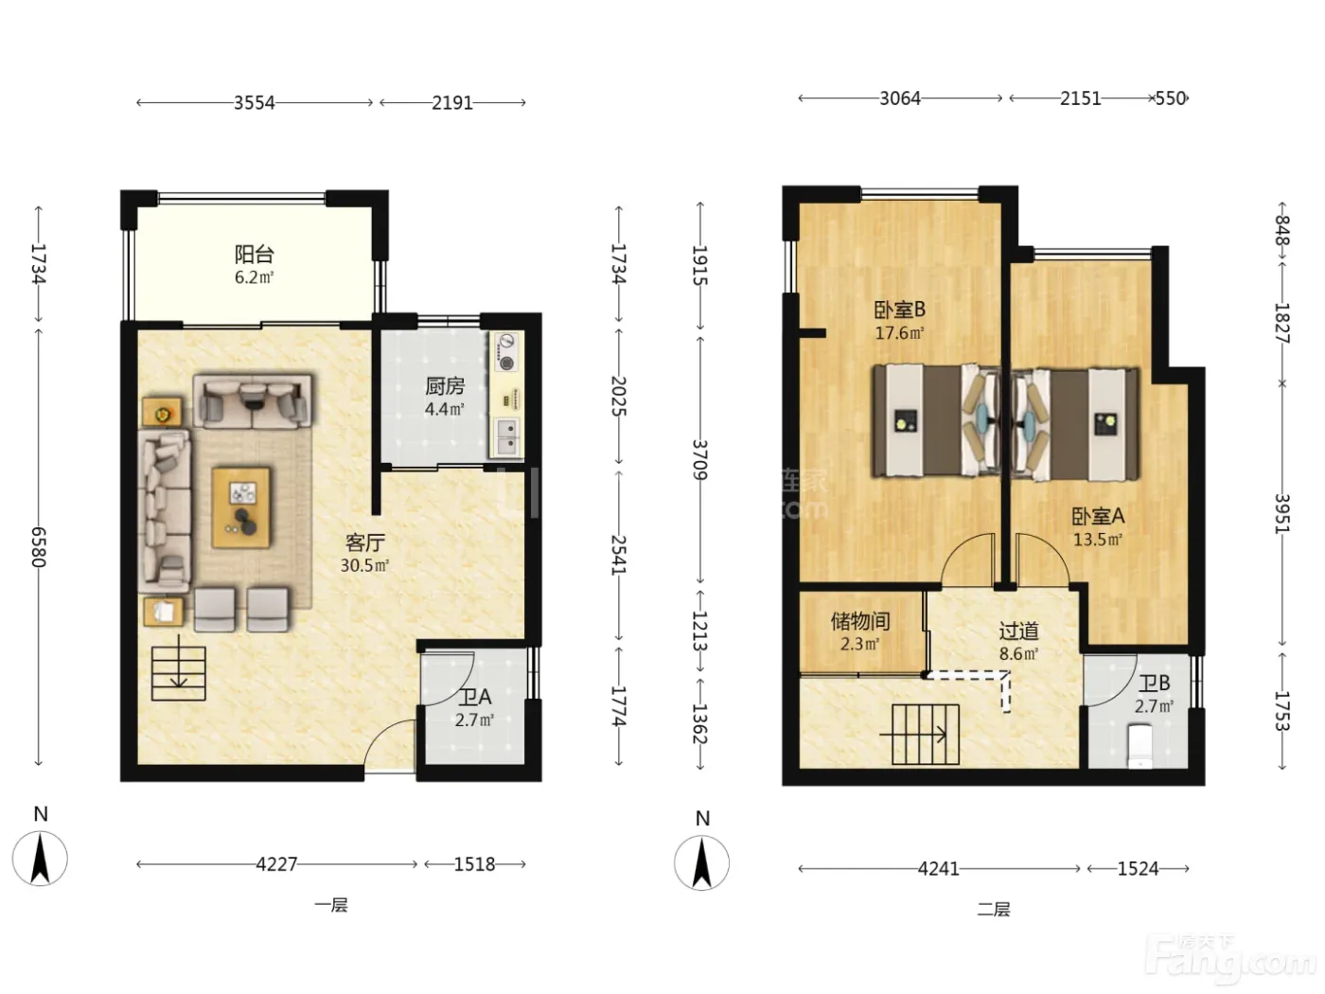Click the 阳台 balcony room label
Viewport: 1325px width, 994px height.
[x=255, y=254]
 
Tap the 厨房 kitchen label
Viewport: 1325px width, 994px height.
[x=444, y=386]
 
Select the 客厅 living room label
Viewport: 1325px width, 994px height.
[x=364, y=542]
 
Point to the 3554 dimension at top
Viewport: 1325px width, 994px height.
[x=255, y=102]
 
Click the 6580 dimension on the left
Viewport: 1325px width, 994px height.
[x=39, y=547]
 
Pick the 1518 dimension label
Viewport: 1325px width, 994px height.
[x=474, y=864]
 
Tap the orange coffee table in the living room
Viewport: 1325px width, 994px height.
[x=240, y=507]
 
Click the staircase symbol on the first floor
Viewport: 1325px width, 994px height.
[x=179, y=673]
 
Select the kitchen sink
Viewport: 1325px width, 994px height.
[x=507, y=437]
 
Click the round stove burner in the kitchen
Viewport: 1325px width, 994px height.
[x=506, y=364]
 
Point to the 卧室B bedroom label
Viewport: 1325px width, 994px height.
[x=899, y=310]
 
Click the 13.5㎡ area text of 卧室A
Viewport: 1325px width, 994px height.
[x=1098, y=539]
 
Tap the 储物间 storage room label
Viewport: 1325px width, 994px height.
[x=860, y=621]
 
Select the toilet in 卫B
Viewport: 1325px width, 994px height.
[x=1139, y=747]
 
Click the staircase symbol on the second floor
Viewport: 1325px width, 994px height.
[x=925, y=735]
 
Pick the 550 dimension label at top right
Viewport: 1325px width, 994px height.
[x=1171, y=98]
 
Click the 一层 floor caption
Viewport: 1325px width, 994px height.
[x=331, y=905]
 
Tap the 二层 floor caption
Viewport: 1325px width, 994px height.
[x=994, y=909]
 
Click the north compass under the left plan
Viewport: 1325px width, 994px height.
[x=40, y=859]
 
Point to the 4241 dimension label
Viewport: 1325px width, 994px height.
[x=938, y=868]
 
